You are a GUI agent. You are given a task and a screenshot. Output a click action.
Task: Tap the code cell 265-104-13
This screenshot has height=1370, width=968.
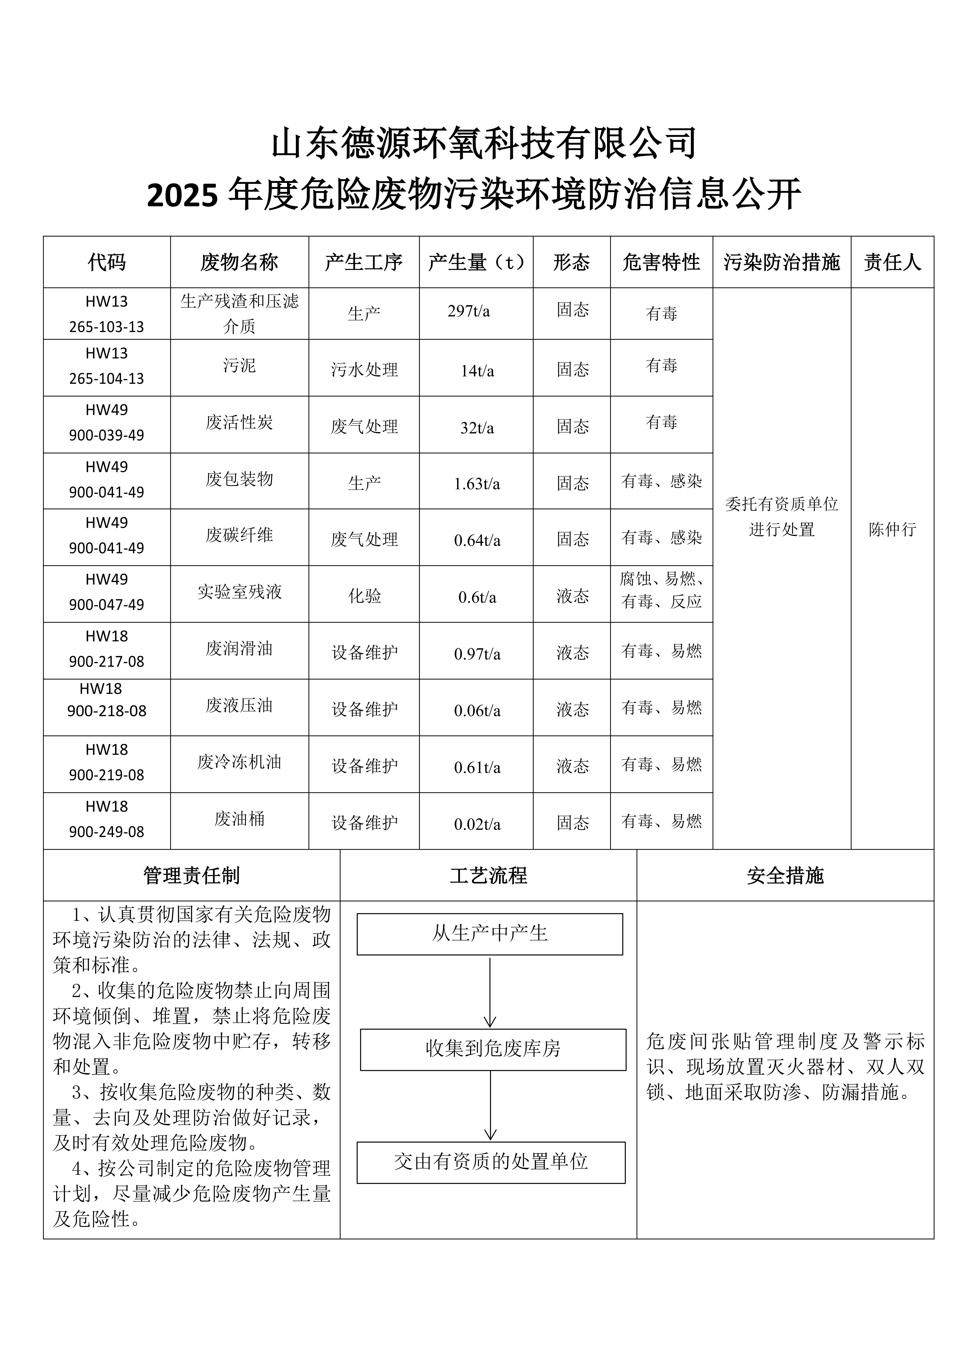click(107, 378)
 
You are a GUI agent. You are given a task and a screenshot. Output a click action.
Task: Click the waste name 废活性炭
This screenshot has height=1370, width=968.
click(239, 422)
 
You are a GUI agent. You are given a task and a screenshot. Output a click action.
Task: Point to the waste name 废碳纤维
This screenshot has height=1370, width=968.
click(239, 535)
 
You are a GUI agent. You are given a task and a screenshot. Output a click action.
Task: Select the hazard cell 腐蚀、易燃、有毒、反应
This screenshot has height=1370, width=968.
click(661, 590)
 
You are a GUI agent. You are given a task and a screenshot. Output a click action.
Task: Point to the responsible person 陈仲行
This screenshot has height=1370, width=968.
click(892, 529)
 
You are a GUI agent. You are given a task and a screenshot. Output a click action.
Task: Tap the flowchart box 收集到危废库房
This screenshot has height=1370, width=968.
click(493, 1048)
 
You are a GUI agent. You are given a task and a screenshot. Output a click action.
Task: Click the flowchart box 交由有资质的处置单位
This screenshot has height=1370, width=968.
click(491, 1161)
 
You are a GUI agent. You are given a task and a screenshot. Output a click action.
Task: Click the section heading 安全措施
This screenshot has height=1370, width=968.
click(785, 875)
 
